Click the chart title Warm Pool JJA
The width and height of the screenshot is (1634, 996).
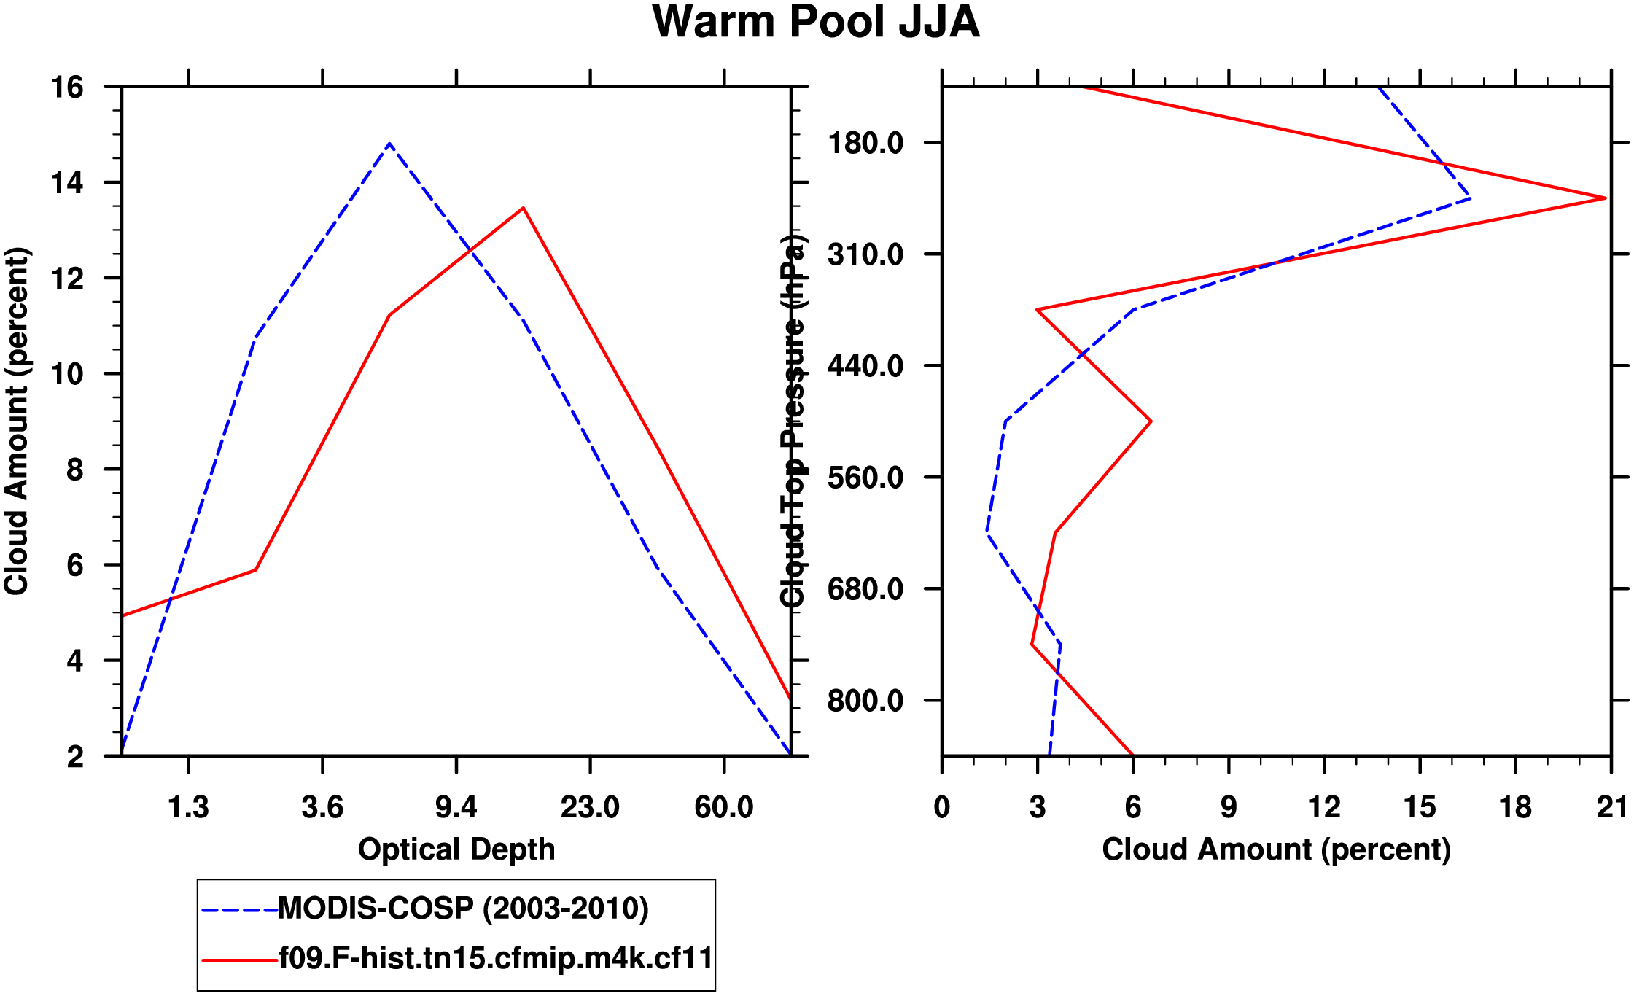click(x=815, y=22)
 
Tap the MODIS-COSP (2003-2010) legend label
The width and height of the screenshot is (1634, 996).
click(x=463, y=909)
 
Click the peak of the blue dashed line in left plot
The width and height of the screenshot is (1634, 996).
click(x=389, y=144)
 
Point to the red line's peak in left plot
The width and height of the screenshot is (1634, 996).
click(x=523, y=209)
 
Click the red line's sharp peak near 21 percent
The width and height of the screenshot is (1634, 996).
click(x=1605, y=198)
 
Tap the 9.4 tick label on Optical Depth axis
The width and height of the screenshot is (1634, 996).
click(x=456, y=807)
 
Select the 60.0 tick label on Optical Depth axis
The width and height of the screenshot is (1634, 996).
click(x=723, y=807)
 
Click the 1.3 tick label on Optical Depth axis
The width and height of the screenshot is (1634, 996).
click(x=188, y=807)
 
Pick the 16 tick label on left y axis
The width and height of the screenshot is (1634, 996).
click(x=66, y=87)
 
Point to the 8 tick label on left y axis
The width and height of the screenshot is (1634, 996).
click(x=75, y=470)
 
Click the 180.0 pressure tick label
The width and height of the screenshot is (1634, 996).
click(x=865, y=143)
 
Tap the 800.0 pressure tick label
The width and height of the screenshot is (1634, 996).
click(x=865, y=701)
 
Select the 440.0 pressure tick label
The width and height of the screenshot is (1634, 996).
click(x=865, y=366)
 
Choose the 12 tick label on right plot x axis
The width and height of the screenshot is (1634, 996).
click(x=1324, y=807)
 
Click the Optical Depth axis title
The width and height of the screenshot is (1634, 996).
click(x=456, y=849)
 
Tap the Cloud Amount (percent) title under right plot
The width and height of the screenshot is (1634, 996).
click(x=1276, y=849)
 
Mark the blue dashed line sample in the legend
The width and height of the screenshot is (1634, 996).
click(x=239, y=910)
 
